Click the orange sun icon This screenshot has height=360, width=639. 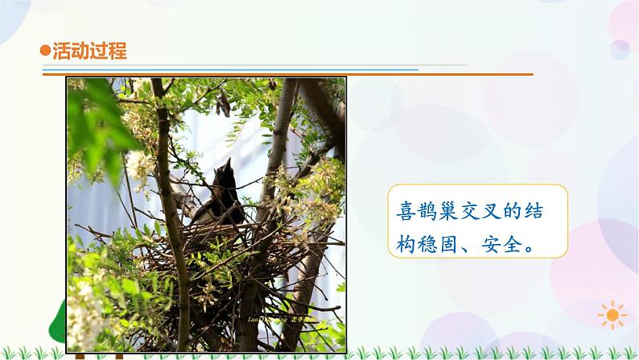click(x=612, y=313)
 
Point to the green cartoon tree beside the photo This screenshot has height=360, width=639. click(x=58, y=318)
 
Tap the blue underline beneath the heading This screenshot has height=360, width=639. click(x=241, y=69)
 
